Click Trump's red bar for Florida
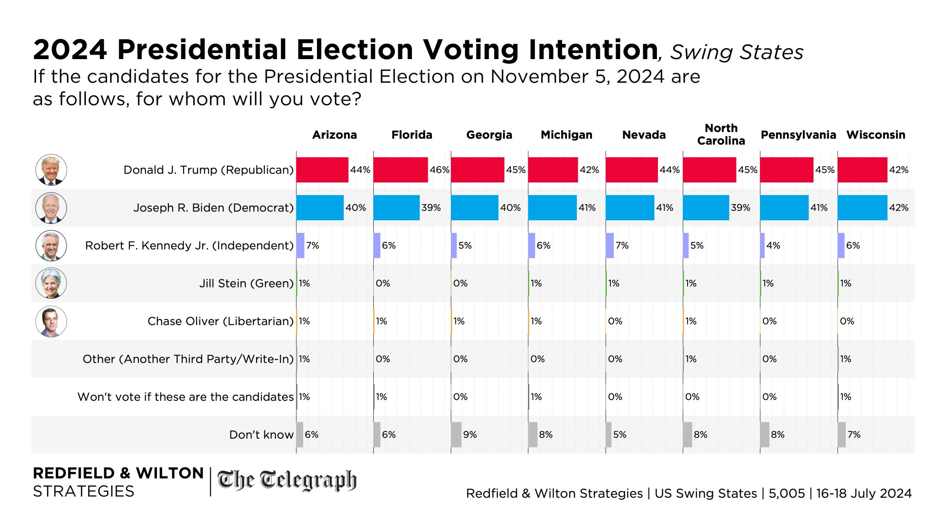(x=401, y=170)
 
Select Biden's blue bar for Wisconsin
(x=862, y=208)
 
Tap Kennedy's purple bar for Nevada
(x=610, y=246)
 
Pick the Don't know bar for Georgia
(x=456, y=435)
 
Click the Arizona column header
(x=335, y=135)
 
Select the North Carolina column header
(x=721, y=134)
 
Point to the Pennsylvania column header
(x=798, y=135)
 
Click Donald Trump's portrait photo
(x=51, y=170)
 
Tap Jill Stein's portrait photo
(x=51, y=284)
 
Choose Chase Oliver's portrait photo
(x=51, y=321)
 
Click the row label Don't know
(x=261, y=435)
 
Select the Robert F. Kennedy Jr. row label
(x=189, y=246)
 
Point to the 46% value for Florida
(x=439, y=170)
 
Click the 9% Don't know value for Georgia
(x=470, y=435)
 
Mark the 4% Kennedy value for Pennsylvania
(x=773, y=246)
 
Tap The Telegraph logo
(x=287, y=481)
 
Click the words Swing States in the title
(x=736, y=52)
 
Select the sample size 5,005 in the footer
(x=786, y=493)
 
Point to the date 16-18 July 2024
(x=864, y=493)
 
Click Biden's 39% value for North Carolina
(x=740, y=208)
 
